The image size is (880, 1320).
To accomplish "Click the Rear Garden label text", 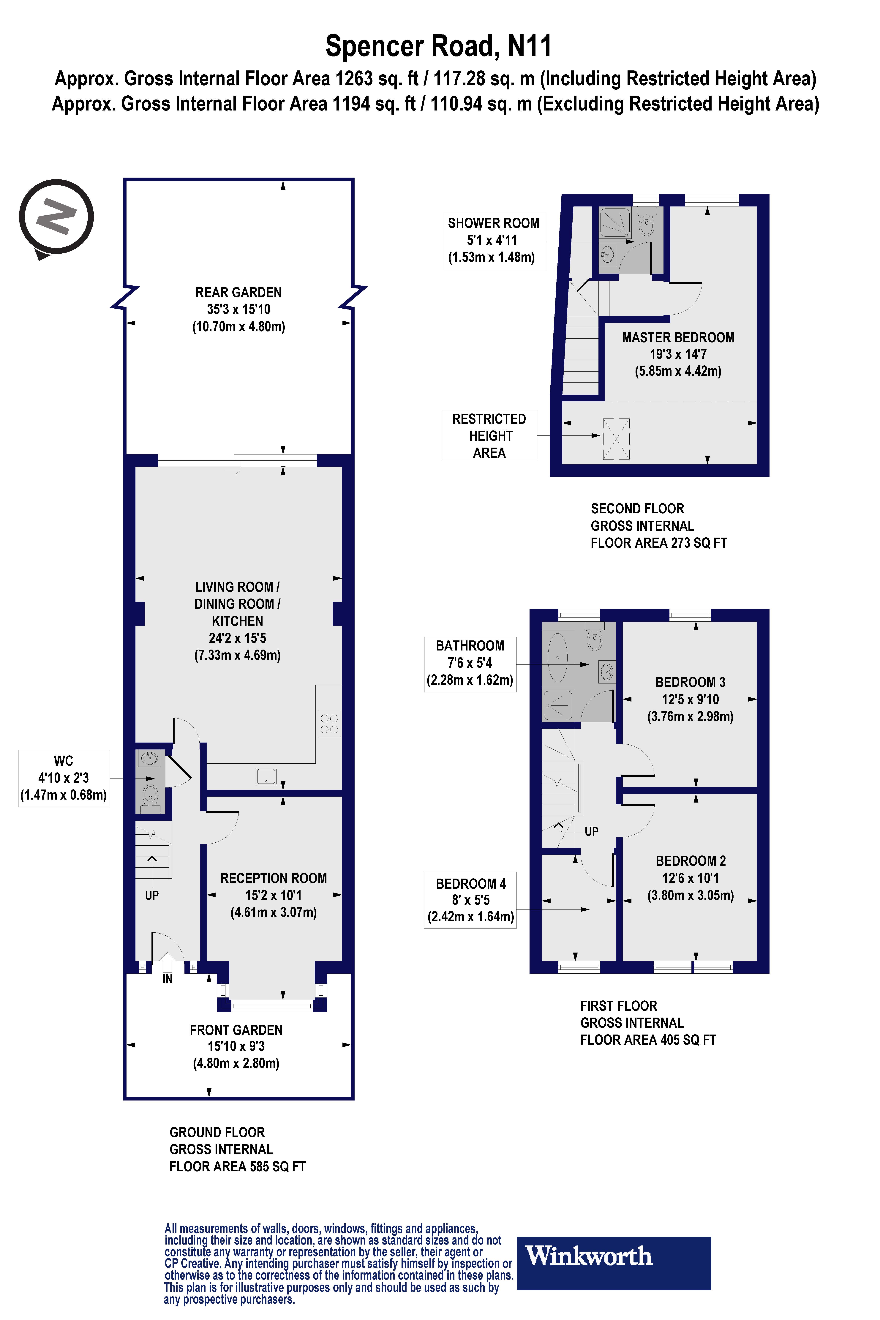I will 238,292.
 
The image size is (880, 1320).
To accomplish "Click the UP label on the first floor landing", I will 592,831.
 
